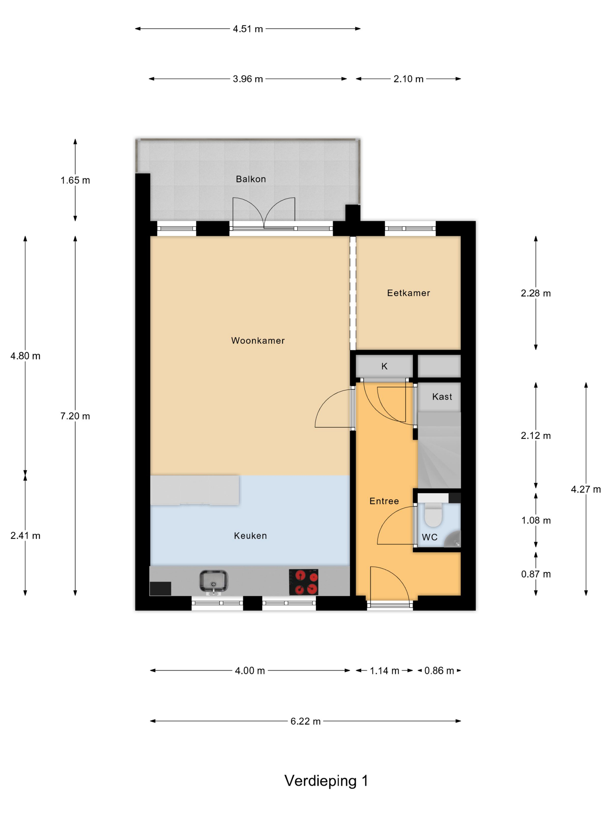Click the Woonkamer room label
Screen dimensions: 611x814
point(258,340)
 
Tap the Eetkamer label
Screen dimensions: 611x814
point(408,293)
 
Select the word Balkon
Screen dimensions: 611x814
point(251,179)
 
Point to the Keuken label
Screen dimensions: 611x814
point(251,535)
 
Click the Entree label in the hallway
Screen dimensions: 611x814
point(384,501)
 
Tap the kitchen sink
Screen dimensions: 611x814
point(214,582)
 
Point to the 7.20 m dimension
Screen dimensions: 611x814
point(75,416)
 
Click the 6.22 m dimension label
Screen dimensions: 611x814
point(306,721)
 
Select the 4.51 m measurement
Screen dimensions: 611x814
point(248,29)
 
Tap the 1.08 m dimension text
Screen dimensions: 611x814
point(536,520)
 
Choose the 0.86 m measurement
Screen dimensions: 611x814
point(439,670)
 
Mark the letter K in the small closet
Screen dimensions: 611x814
point(384,366)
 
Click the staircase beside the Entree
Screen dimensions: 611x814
point(439,450)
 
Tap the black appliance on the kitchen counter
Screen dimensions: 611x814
point(160,588)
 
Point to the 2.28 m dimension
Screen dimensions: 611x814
point(536,293)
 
